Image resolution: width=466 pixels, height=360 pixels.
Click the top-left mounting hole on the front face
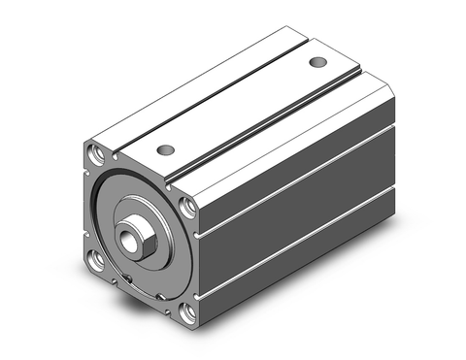click(96, 153)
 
